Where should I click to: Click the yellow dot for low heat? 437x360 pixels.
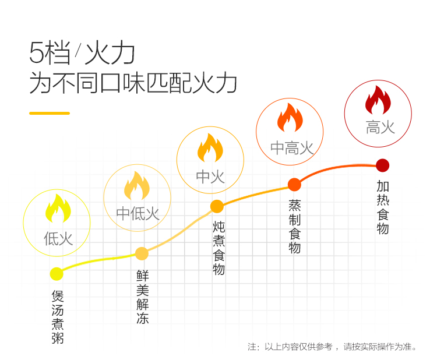click(x=57, y=274)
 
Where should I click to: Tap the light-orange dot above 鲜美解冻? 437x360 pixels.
click(x=142, y=253)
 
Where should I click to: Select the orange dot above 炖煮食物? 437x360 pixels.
click(x=217, y=206)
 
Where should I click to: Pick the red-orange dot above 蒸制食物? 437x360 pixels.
click(x=294, y=185)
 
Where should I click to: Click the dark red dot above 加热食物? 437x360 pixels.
click(x=382, y=165)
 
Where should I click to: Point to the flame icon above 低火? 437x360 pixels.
click(x=58, y=209)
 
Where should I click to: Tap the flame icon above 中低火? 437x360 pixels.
click(x=137, y=185)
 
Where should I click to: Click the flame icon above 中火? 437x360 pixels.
click(x=210, y=148)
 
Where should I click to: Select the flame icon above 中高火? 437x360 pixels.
click(x=290, y=118)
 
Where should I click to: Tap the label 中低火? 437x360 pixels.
click(x=138, y=213)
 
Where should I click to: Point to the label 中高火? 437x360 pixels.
click(x=291, y=148)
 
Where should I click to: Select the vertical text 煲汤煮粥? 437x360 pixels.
click(x=57, y=317)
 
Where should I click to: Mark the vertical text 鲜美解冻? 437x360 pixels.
click(x=142, y=297)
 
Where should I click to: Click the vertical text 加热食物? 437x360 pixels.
click(x=382, y=207)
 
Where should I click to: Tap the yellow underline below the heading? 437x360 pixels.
click(x=50, y=113)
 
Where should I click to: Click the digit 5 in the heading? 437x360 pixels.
click(x=37, y=54)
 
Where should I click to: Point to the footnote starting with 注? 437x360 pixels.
click(x=332, y=347)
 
